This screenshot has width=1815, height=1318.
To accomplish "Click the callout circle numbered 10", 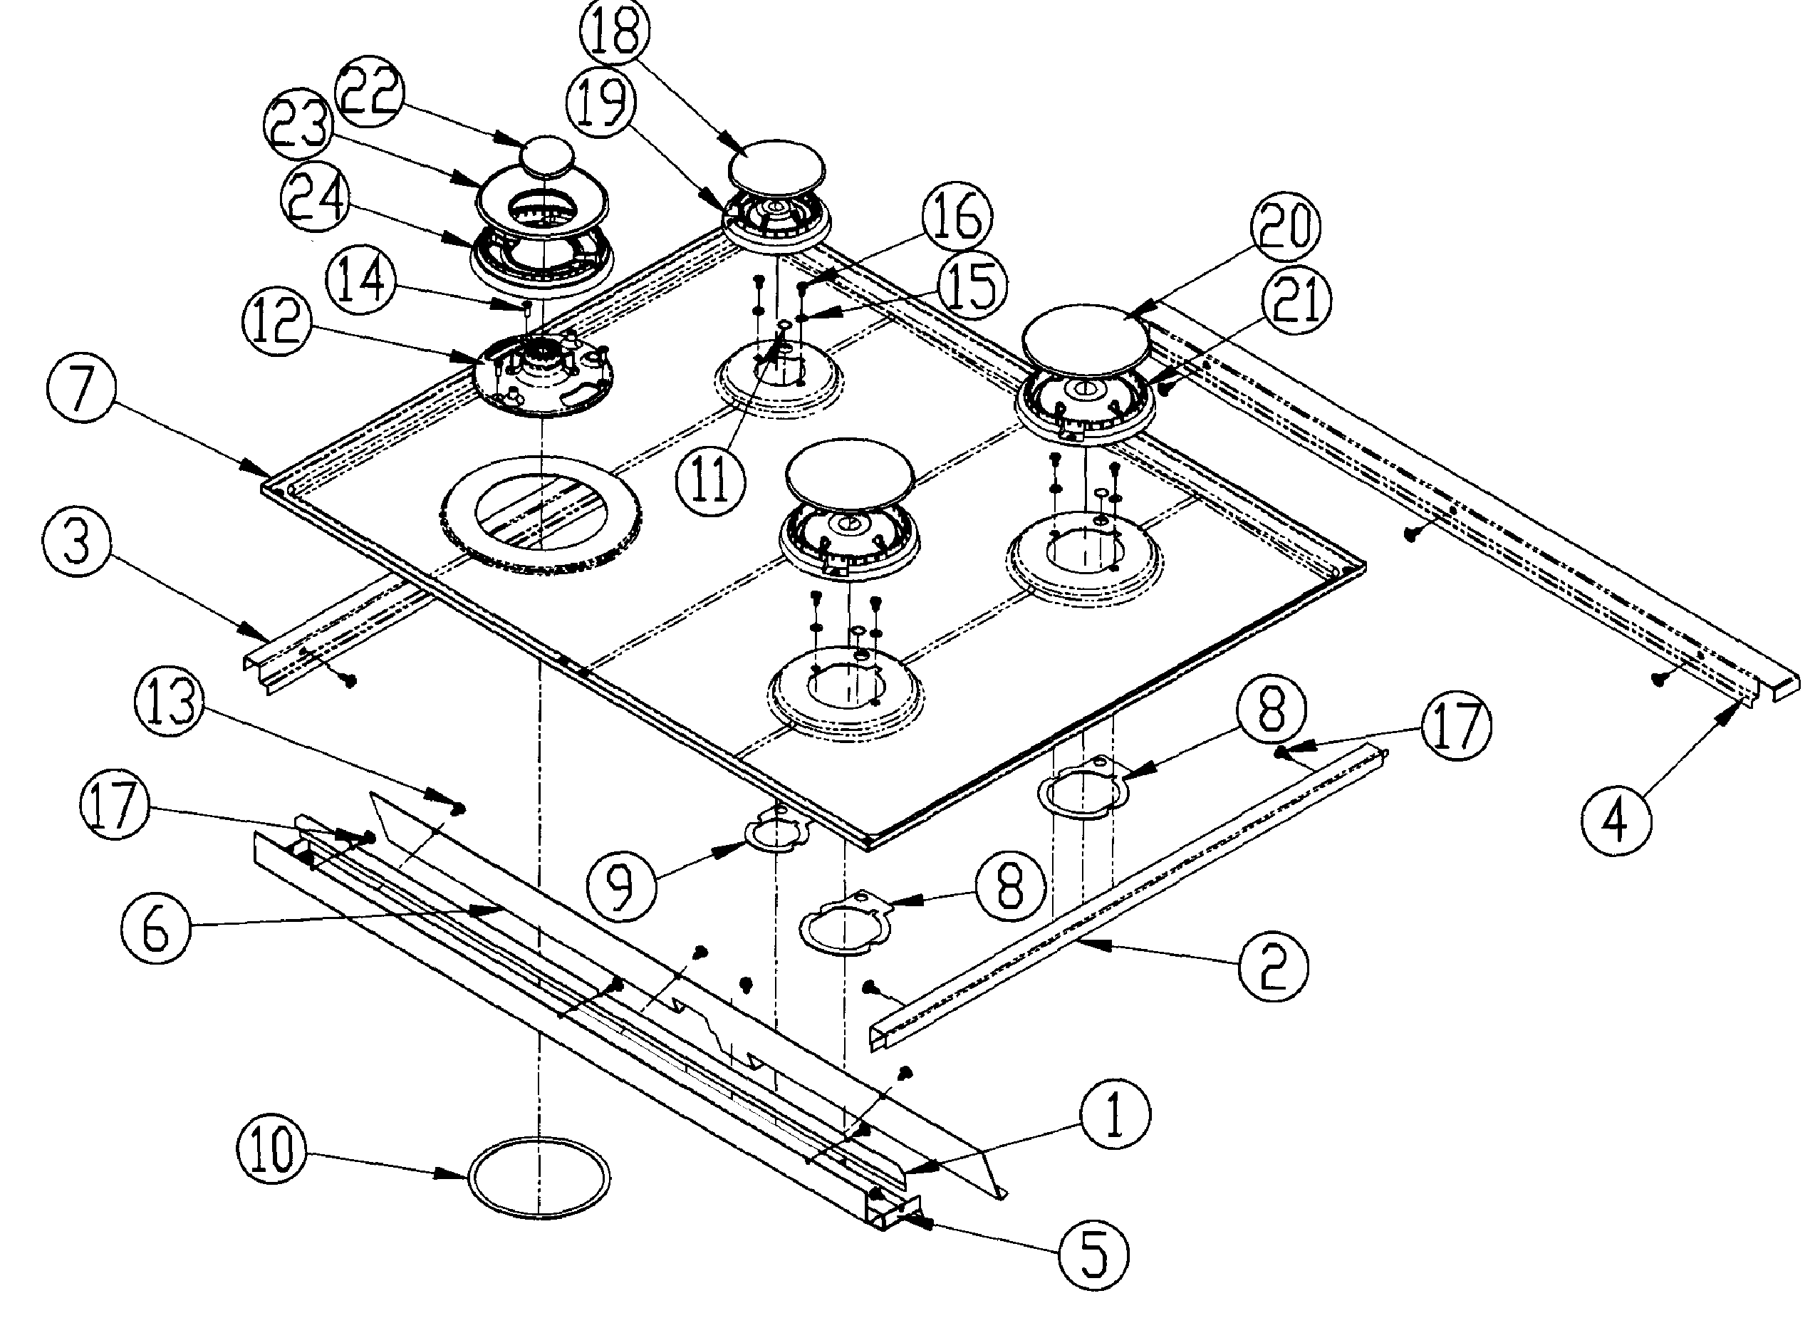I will [271, 1151].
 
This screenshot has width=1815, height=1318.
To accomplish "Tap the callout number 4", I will [1616, 820].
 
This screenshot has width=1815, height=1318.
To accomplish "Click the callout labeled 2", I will [1272, 967].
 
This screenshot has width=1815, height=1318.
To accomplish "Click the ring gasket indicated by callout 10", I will [539, 1176].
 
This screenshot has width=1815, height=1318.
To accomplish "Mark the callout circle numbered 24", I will [315, 199].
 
